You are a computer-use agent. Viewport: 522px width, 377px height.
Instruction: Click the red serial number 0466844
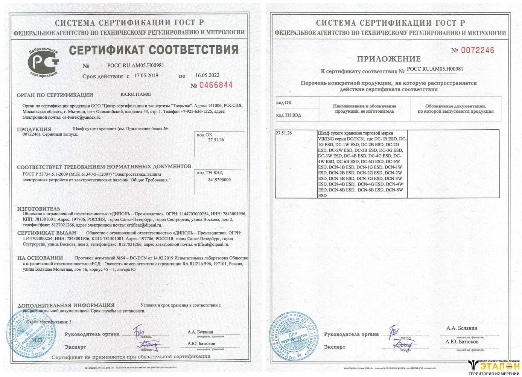point(216,85)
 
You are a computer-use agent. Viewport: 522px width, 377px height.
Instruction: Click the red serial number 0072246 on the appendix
point(477,51)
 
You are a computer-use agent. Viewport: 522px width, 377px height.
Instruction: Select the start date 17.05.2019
point(146,75)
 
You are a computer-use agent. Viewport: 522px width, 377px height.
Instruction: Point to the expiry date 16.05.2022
point(207,75)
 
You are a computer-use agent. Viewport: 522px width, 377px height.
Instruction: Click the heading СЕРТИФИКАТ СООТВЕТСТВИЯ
point(154,50)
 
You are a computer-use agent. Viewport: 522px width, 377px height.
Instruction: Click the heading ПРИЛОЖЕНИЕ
point(389,59)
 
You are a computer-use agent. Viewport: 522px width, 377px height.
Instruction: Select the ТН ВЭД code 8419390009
point(219,180)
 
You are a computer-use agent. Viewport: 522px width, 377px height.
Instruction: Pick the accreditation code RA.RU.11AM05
point(136,94)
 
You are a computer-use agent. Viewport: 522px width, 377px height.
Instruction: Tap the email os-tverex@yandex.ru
point(81,117)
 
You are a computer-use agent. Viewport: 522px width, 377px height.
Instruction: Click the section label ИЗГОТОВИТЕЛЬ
point(39,208)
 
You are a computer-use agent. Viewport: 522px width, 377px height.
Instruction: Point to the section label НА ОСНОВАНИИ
point(40,258)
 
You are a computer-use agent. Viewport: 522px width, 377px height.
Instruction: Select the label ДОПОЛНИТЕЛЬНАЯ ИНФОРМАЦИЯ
point(66,305)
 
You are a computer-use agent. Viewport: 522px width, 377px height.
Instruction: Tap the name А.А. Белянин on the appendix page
point(461,328)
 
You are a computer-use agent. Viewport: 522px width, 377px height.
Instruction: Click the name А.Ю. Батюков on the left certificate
point(201,343)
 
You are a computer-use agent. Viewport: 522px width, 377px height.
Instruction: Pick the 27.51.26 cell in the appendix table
point(284,133)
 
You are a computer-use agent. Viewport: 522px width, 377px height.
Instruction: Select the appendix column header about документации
point(455,109)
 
